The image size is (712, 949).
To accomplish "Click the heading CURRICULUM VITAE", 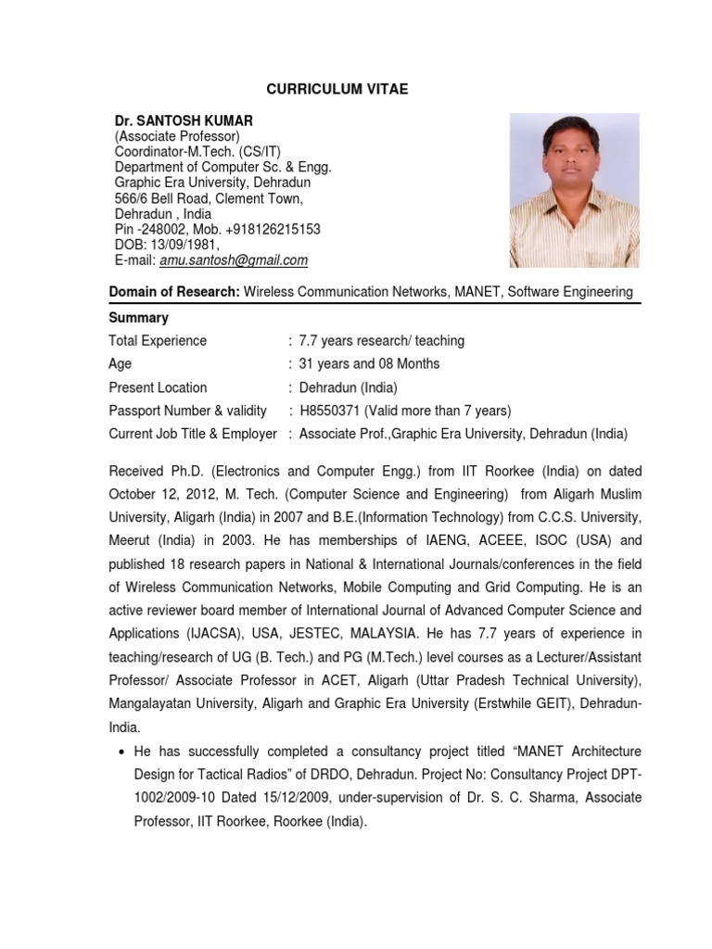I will click(x=337, y=89).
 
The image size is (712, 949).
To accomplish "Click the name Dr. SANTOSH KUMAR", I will click(x=184, y=121).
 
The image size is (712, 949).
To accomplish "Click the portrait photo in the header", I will click(x=574, y=190).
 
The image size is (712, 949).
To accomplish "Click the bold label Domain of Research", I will click(x=174, y=292).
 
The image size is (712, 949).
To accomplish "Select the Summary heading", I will click(x=139, y=317).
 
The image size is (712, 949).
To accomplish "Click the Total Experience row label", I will click(x=158, y=340).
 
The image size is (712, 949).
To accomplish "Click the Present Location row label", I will click(x=158, y=387).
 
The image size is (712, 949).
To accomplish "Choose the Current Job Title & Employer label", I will click(x=193, y=434).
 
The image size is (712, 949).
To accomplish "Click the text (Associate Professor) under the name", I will click(x=177, y=137).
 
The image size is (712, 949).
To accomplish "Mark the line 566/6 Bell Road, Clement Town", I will click(x=209, y=198).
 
